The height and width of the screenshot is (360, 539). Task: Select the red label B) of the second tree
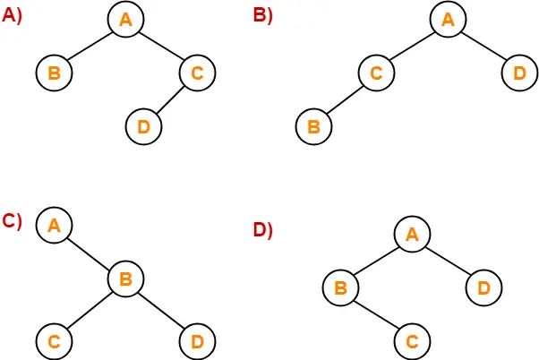coord(262,17)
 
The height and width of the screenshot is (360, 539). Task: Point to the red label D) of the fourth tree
coord(262,230)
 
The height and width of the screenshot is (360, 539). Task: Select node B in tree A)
coord(54,73)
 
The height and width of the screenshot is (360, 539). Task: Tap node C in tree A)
coord(197,73)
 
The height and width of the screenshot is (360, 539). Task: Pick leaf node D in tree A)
coord(143,127)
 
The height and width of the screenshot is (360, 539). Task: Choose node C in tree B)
coord(376,73)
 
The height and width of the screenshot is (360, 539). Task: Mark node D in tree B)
coord(519,73)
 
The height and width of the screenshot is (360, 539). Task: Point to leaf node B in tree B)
coord(313,127)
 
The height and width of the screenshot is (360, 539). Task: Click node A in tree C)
coord(54,226)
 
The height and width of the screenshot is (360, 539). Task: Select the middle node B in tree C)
coord(125,279)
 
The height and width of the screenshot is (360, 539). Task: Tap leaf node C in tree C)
coord(54,341)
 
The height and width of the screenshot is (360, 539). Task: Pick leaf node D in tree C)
coord(197,341)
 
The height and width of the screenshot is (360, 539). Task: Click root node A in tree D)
coord(412,236)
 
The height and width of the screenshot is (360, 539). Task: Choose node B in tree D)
coord(340,288)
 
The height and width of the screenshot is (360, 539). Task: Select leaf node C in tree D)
coord(412,341)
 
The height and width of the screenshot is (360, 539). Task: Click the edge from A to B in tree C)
coord(90,253)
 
